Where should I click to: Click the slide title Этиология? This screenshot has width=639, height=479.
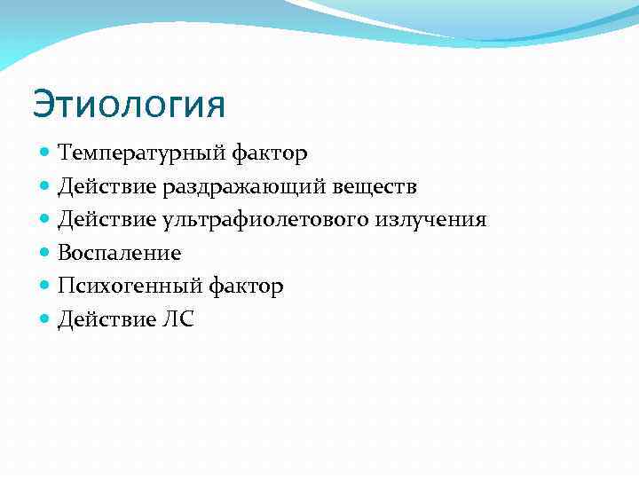pyautogui.click(x=129, y=106)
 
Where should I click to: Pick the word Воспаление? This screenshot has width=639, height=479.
pyautogui.click(x=120, y=253)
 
